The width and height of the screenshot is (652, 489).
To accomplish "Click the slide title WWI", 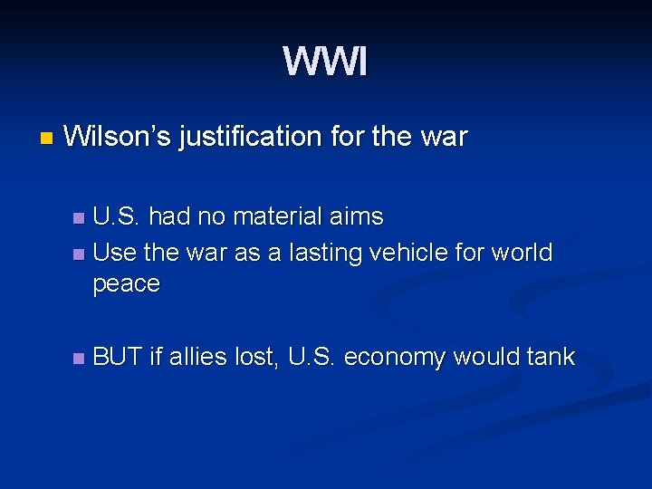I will pyautogui.click(x=325, y=62).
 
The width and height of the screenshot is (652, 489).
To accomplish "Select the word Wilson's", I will pyautogui.click(x=118, y=138).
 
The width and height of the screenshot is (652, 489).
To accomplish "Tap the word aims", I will pyautogui.click(x=360, y=217).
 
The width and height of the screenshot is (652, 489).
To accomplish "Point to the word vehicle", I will pyautogui.click(x=418, y=253).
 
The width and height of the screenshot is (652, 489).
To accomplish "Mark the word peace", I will pyautogui.click(x=126, y=284).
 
